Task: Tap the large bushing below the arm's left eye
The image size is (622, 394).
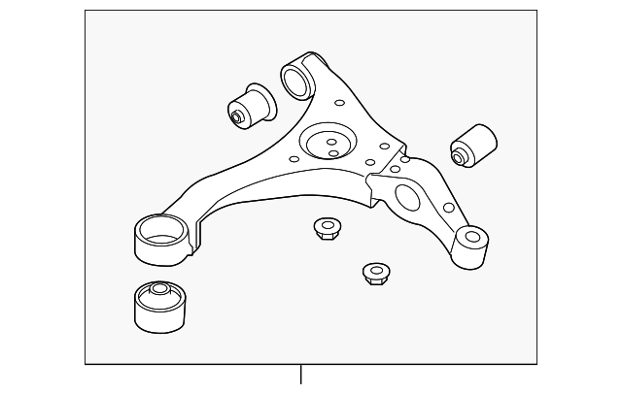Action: [158, 306]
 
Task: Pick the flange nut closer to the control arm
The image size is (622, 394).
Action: [327, 230]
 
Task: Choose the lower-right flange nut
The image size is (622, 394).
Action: [375, 273]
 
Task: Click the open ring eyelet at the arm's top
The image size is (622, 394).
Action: [298, 78]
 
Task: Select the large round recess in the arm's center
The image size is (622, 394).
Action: [327, 143]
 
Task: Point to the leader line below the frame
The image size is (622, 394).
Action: [301, 375]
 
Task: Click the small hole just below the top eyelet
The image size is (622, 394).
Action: [339, 102]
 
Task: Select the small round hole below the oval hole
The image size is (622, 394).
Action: [447, 208]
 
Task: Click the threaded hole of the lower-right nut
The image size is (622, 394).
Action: [373, 269]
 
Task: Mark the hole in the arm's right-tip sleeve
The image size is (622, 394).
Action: [472, 234]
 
